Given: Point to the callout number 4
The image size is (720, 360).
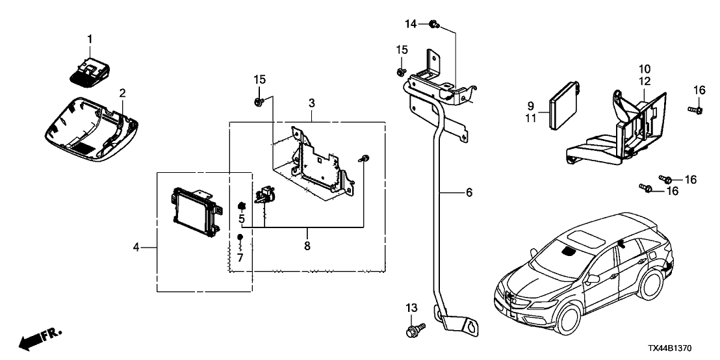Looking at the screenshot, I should click(x=136, y=247).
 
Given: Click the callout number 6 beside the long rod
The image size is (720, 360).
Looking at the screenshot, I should click(x=469, y=193).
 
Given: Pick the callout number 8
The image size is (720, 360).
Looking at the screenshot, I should click(x=308, y=247).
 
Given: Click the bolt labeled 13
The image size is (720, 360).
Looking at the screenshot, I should click(x=414, y=331).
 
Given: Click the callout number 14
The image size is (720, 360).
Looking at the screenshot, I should click(x=410, y=23).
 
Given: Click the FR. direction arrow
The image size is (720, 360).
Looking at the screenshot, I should click(x=39, y=339).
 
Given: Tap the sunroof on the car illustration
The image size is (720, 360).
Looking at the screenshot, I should click(x=585, y=235).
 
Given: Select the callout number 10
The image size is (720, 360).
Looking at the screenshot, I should click(x=644, y=68).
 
